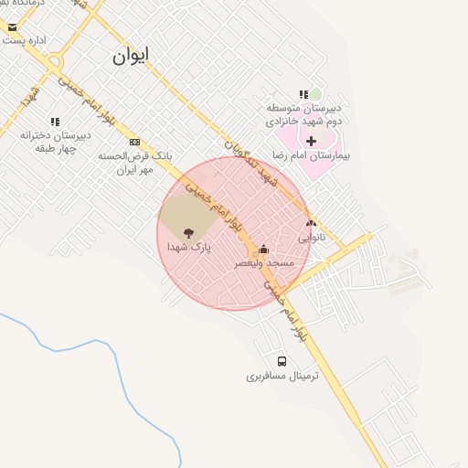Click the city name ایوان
click(x=131, y=55)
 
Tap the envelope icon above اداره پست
click(x=12, y=27)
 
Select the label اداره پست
click(x=26, y=40)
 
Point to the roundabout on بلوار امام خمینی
click(x=55, y=61)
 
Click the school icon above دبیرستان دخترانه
click(x=55, y=122)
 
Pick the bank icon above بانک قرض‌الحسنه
click(x=135, y=142)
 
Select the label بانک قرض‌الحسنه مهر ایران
click(x=136, y=163)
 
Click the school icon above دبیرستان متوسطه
click(x=303, y=94)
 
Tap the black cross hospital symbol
click(x=312, y=141)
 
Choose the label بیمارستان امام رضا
click(x=312, y=155)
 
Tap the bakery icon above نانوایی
click(x=311, y=222)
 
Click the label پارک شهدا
click(x=189, y=247)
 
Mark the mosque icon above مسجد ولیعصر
click(x=264, y=249)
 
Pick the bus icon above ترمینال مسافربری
click(x=282, y=361)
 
